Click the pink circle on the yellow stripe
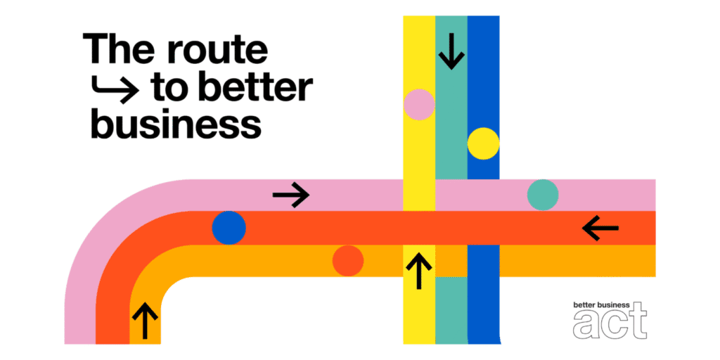419,104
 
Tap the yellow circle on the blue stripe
484,143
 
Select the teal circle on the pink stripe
543,195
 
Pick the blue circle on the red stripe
229,228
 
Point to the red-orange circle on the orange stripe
348,261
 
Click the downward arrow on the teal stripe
452,51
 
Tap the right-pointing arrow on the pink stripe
291,195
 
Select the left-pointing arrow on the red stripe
600,228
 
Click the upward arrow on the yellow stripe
419,271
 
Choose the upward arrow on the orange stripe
145,320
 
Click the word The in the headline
121,49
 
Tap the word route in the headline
217,50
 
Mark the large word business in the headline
176,124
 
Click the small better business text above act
602,304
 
